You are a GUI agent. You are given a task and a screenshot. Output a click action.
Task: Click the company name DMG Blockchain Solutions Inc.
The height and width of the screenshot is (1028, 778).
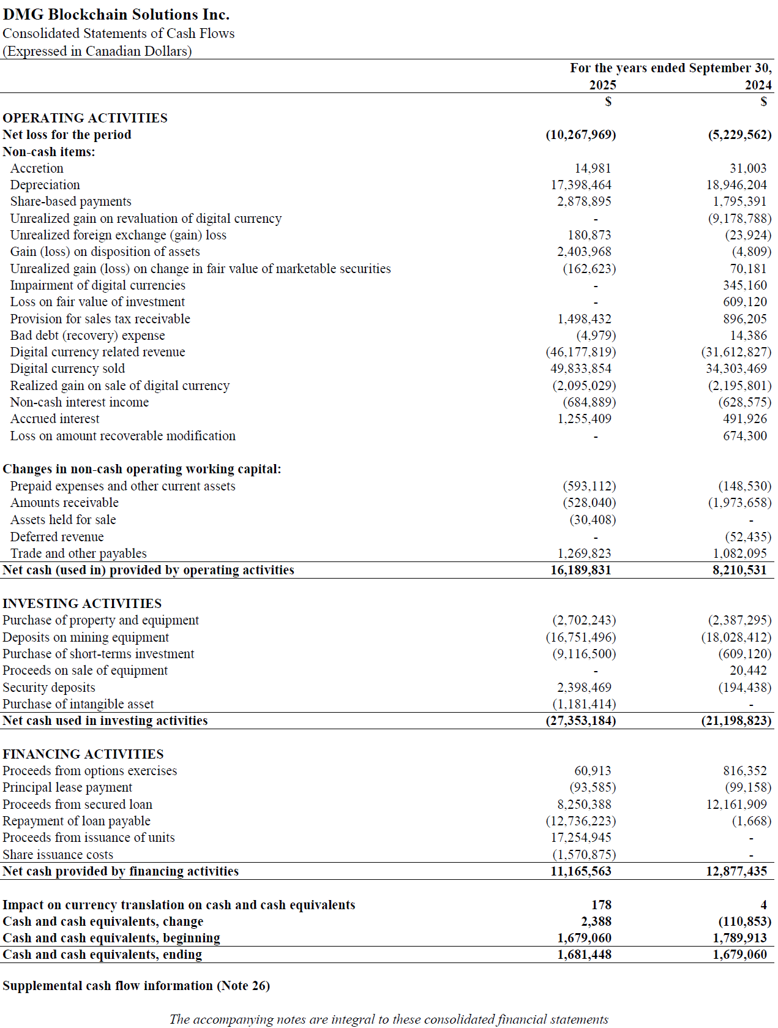tap(116, 14)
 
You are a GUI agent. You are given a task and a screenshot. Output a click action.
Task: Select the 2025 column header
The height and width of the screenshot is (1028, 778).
tap(602, 85)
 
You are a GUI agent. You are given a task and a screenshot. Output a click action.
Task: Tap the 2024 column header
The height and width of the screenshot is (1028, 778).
tap(758, 85)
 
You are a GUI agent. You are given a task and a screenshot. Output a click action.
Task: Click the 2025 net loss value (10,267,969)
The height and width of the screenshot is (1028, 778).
tap(581, 135)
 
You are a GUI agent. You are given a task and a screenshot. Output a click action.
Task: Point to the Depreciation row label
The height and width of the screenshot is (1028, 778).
tap(45, 185)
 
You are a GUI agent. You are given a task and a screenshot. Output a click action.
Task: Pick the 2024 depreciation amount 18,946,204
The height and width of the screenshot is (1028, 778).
tap(736, 185)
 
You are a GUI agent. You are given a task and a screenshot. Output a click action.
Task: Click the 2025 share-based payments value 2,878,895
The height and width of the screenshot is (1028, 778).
tap(584, 201)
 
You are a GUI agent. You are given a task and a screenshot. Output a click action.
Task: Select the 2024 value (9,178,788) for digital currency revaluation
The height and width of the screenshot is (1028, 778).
tap(739, 219)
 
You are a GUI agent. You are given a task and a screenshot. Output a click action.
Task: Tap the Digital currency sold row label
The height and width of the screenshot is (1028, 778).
tap(67, 369)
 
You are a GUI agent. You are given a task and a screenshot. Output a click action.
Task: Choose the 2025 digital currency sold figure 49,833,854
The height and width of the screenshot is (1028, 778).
tap(581, 369)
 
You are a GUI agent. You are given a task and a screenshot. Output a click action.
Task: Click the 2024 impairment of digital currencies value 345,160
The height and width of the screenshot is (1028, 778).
tap(744, 285)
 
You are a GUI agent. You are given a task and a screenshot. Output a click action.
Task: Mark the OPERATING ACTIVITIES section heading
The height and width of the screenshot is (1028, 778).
tap(85, 118)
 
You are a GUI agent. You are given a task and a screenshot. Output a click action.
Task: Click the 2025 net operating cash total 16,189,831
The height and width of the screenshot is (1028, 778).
tap(581, 570)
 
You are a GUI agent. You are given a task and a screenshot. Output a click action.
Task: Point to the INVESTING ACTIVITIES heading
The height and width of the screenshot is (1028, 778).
tap(82, 604)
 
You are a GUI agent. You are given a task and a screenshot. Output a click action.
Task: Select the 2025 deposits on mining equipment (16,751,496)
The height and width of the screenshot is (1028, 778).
tap(581, 637)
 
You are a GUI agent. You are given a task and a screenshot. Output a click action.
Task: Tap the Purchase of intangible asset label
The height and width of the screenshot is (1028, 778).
tap(78, 704)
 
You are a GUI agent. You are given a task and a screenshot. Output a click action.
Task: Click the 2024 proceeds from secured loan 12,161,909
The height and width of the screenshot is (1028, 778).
tap(736, 805)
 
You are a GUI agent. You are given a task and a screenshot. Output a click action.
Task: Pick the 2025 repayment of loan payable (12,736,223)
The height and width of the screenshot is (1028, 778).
tap(581, 821)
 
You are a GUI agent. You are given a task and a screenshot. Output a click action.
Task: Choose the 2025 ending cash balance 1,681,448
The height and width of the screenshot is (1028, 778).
tap(584, 955)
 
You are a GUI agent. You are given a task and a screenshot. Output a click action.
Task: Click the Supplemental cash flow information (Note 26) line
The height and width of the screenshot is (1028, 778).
tap(136, 986)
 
